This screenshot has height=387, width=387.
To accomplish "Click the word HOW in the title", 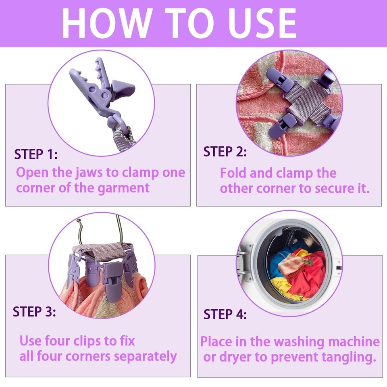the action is (x=106, y=23).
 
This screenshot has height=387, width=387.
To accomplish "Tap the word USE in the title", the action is (x=262, y=23).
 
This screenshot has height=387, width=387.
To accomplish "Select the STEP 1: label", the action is (x=36, y=154).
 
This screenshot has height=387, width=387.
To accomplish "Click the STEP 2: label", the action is (x=225, y=152).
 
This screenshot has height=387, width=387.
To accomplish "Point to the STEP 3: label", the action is (x=34, y=312).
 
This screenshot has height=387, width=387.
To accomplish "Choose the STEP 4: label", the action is (x=225, y=314).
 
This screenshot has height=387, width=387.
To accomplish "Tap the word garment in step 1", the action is (x=123, y=189).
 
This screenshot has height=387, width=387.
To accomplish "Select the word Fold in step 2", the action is (x=233, y=173).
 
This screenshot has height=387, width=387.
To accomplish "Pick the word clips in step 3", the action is (x=87, y=341).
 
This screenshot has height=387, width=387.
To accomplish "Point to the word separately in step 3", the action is (x=146, y=357).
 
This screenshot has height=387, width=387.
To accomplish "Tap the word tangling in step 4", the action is (x=348, y=358).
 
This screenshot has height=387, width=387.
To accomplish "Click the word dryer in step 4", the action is (x=234, y=358).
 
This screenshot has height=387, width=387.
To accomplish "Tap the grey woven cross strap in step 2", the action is (x=306, y=101).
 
